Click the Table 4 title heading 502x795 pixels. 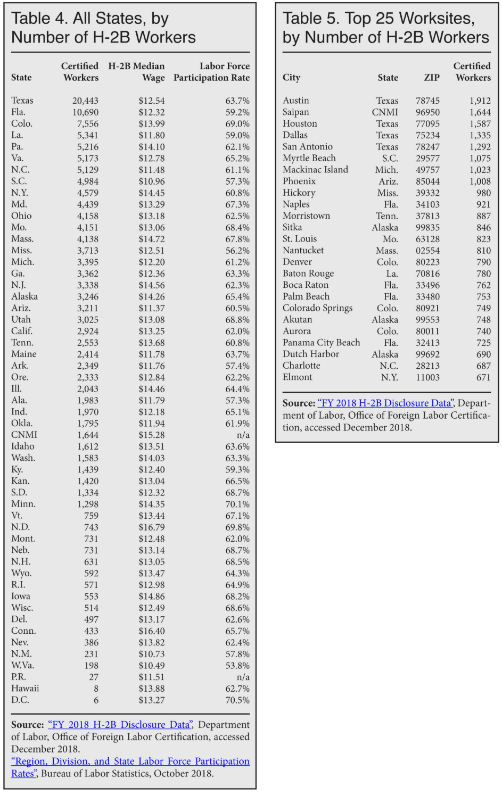click(x=103, y=28)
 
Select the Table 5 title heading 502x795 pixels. click(x=385, y=28)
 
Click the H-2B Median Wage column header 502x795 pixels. click(x=137, y=72)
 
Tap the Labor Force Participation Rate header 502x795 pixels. click(x=211, y=72)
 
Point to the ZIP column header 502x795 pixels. click(x=431, y=78)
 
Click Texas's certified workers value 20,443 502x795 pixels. click(x=85, y=101)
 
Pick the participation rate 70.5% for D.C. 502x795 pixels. click(x=237, y=700)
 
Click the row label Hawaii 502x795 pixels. click(x=25, y=689)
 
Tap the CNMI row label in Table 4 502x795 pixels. click(x=24, y=435)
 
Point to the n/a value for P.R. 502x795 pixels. click(x=243, y=677)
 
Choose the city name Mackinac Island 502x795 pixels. click(x=315, y=170)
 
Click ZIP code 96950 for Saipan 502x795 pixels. click(x=427, y=112)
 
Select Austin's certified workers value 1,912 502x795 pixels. click(x=480, y=101)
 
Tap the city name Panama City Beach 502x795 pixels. click(x=321, y=343)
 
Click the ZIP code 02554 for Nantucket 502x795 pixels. click(x=427, y=251)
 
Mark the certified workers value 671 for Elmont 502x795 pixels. click(x=483, y=377)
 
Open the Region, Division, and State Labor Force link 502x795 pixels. click(x=130, y=762)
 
